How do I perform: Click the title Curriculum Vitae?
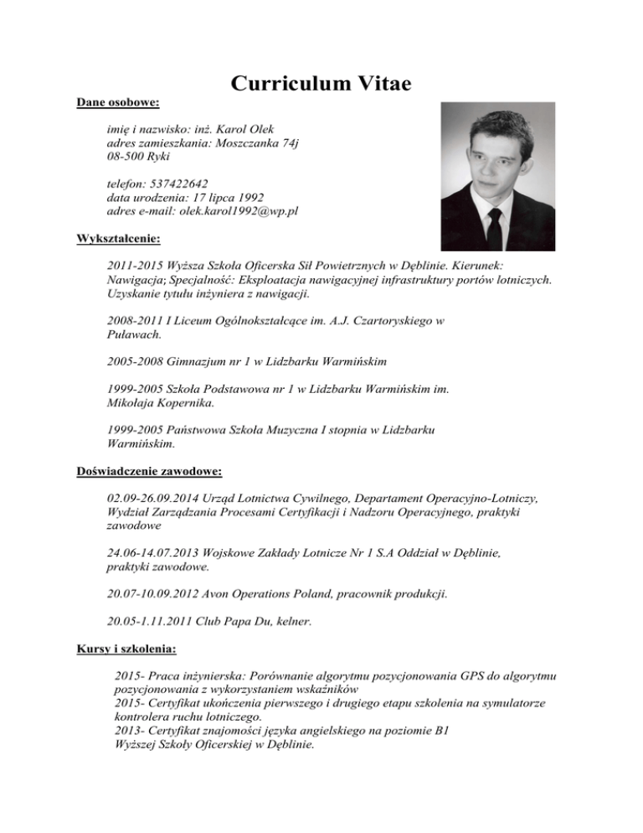(x=321, y=83)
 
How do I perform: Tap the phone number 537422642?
(x=178, y=183)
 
